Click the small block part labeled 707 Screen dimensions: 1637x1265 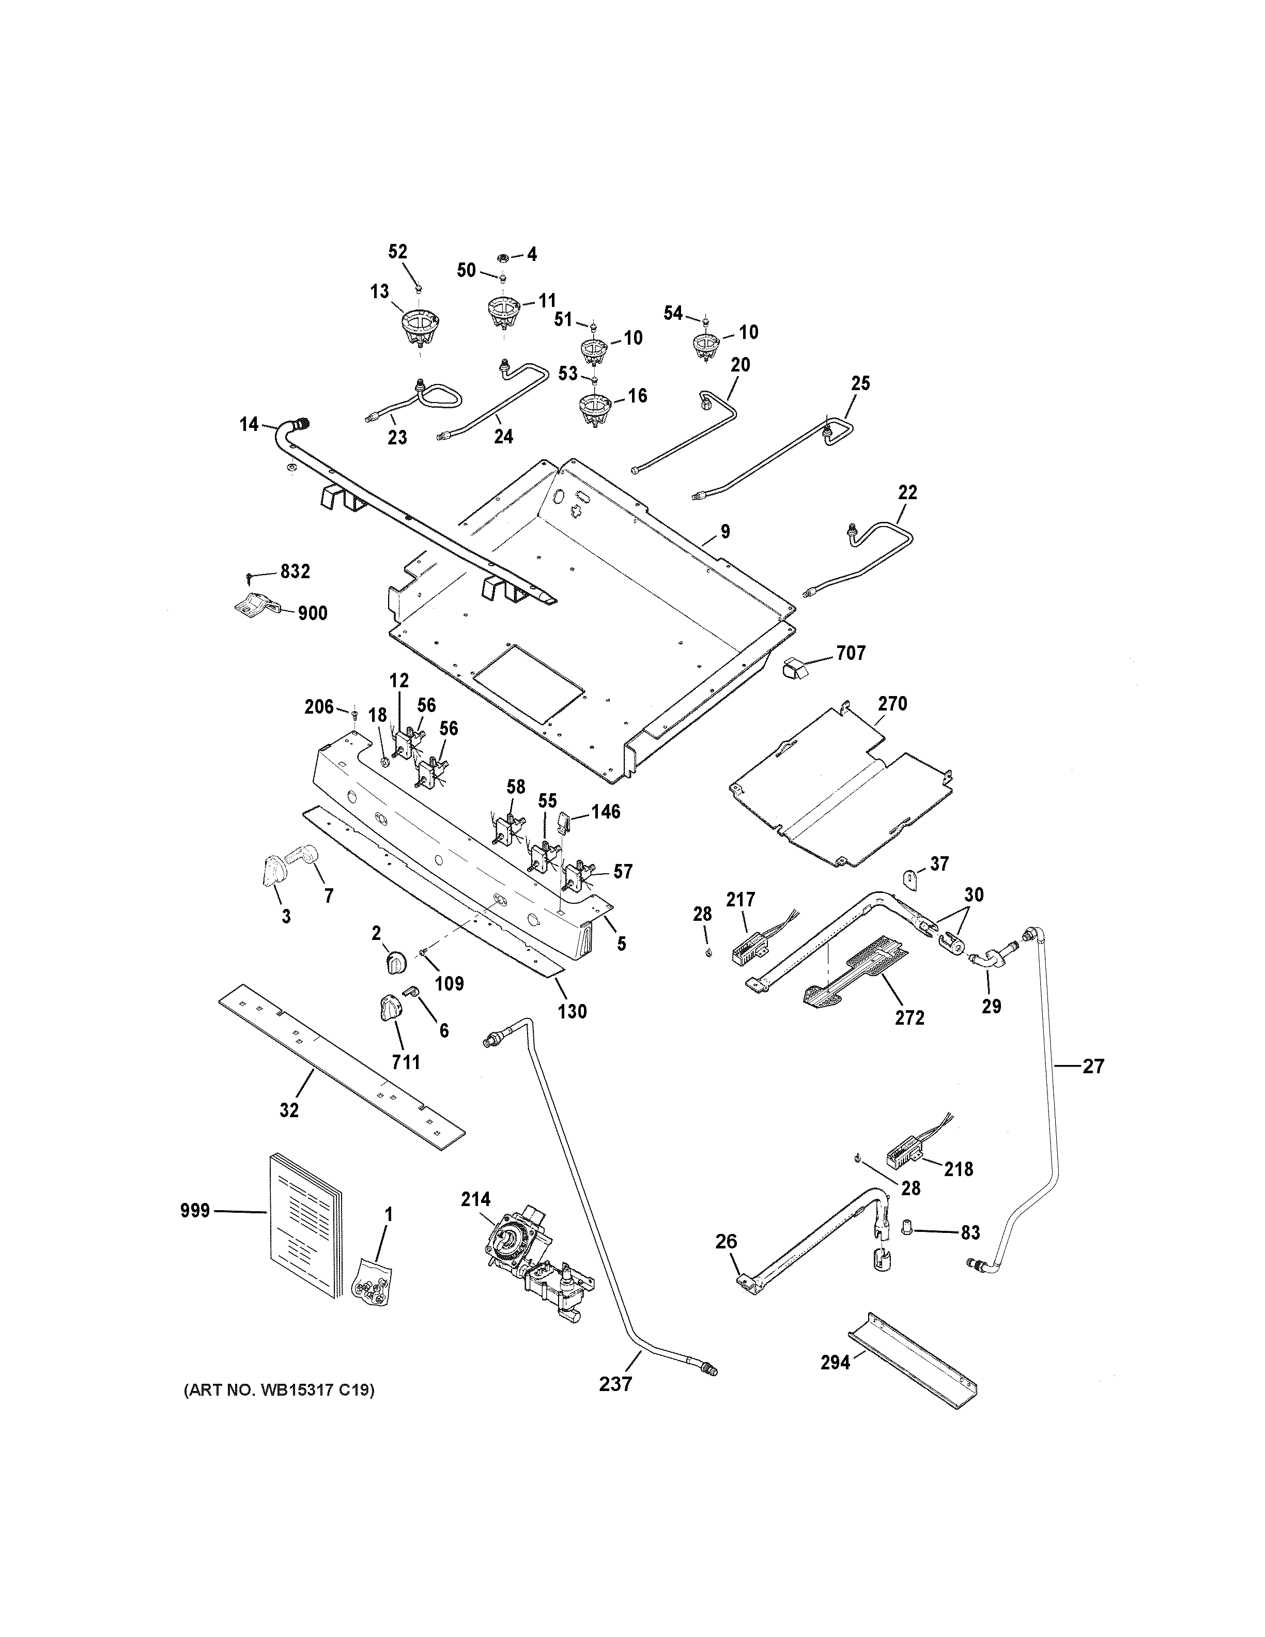pyautogui.click(x=794, y=667)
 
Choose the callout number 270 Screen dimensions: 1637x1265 pyautogui.click(x=892, y=704)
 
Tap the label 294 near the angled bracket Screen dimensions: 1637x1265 pyautogui.click(x=835, y=1362)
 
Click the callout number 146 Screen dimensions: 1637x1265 pyautogui.click(x=606, y=812)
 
